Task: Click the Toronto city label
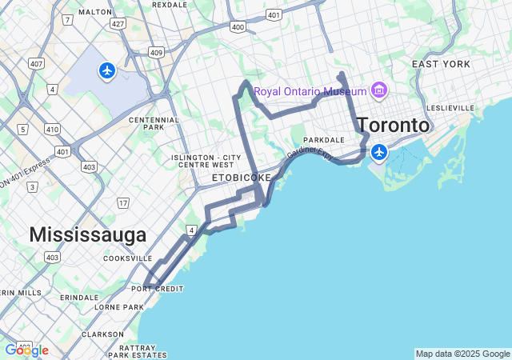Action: click(x=393, y=126)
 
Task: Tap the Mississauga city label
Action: click(x=88, y=234)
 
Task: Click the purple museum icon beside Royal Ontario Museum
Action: click(x=378, y=90)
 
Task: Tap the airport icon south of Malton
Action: click(x=107, y=71)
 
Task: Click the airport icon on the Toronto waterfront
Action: click(x=378, y=151)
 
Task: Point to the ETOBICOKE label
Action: click(x=242, y=177)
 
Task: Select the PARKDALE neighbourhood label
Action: click(x=323, y=139)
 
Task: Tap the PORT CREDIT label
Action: click(x=158, y=289)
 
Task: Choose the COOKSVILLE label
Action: click(x=127, y=258)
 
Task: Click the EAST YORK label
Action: click(x=441, y=64)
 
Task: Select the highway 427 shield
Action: click(x=118, y=24)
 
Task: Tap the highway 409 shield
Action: click(x=156, y=53)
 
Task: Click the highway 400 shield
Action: click(x=238, y=27)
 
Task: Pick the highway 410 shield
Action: click(x=53, y=128)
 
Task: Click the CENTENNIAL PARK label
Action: click(x=147, y=124)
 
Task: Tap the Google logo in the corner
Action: click(x=26, y=350)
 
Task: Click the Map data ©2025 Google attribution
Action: click(x=462, y=354)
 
